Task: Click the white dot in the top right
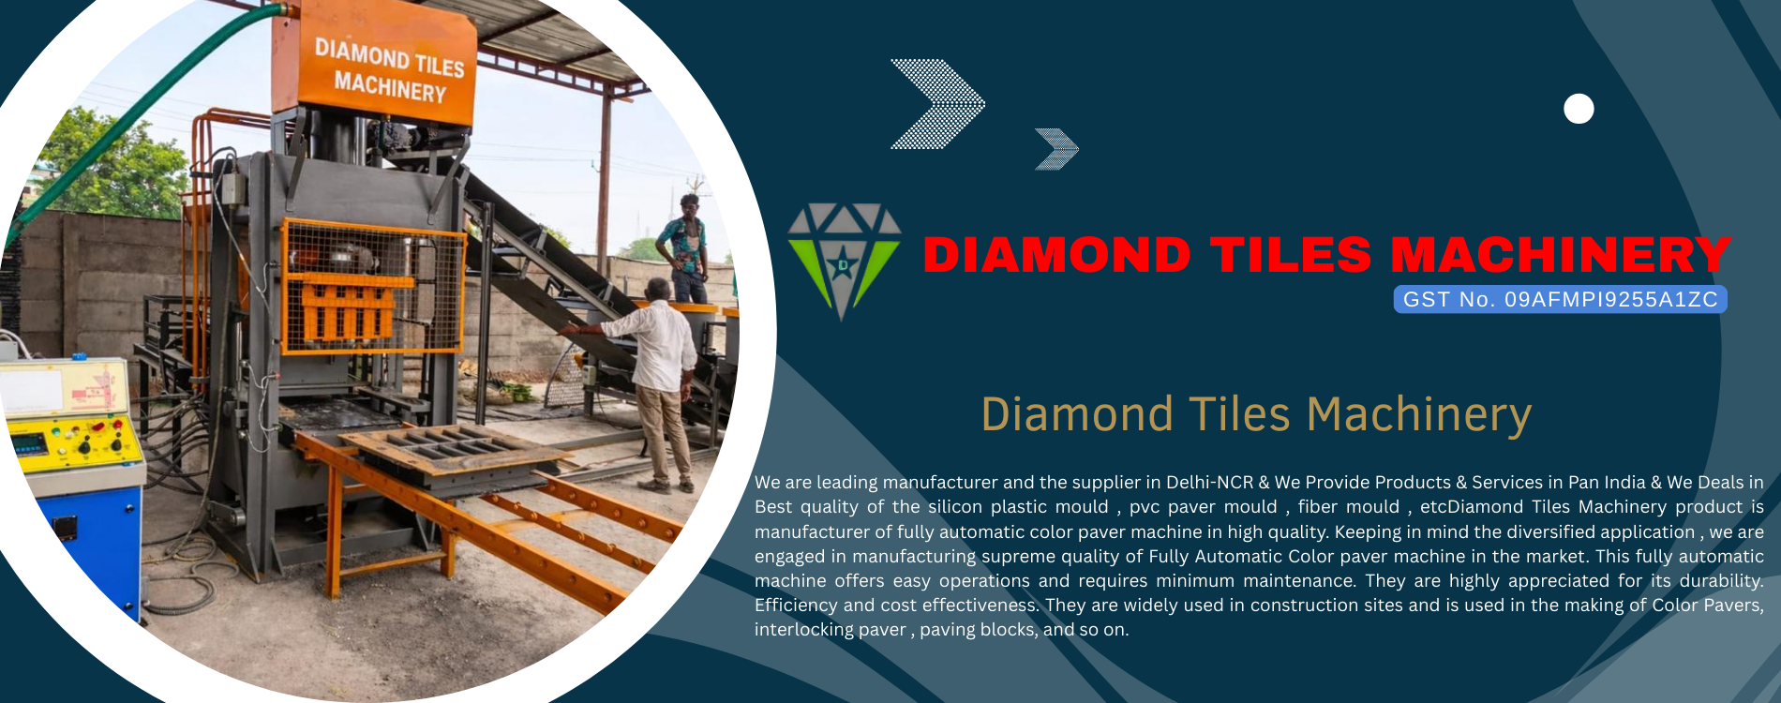point(1579,109)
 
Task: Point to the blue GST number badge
point(1560,299)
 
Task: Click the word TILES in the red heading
point(1291,255)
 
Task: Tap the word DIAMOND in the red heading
point(1056,255)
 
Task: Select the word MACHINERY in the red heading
point(1561,255)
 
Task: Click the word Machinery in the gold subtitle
point(1419,415)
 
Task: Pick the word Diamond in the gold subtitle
point(1077,414)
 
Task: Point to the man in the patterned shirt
point(684,248)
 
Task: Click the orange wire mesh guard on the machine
point(373,287)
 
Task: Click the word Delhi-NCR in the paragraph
point(1209,482)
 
